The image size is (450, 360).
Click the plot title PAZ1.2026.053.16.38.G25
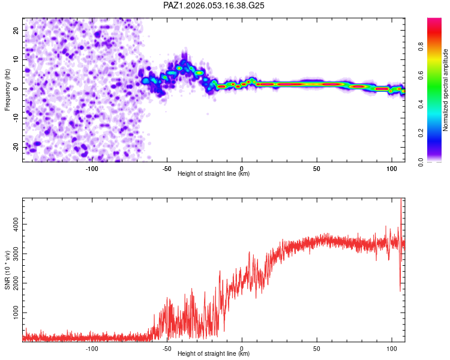[214, 5]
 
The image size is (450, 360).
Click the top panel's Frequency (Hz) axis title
[7, 89]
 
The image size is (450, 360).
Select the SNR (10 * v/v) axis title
[7, 269]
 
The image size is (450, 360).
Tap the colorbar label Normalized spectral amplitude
[445, 90]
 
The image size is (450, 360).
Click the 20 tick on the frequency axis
[16, 30]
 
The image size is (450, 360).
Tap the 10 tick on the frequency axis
[16, 59]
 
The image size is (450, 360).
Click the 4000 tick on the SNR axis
[12, 224]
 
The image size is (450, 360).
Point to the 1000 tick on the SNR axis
[12, 313]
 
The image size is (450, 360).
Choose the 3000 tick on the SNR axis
[12, 254]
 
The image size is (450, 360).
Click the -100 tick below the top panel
[92, 169]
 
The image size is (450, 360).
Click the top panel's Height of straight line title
[214, 174]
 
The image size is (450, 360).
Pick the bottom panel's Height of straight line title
[214, 354]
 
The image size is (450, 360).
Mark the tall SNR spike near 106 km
[401, 204]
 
